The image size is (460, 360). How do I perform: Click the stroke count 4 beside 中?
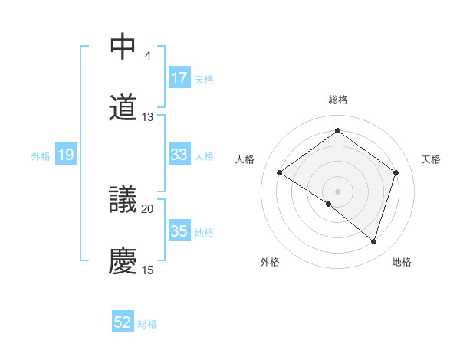tap(147, 56)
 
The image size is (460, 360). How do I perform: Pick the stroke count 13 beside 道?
tap(148, 117)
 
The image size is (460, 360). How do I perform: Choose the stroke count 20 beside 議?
tap(148, 208)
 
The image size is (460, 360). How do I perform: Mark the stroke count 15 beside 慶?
tap(148, 270)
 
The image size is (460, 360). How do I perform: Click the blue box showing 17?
tap(179, 77)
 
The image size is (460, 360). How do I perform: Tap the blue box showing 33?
tap(179, 155)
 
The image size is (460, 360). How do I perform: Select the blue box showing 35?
tap(179, 231)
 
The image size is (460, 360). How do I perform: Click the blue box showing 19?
tap(66, 155)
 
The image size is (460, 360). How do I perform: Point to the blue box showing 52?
tap(123, 322)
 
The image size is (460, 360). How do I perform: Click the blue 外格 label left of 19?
tap(41, 156)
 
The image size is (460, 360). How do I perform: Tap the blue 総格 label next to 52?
tap(147, 324)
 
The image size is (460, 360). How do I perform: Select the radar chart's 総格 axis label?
tap(338, 100)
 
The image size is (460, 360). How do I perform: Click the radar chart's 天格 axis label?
tap(431, 159)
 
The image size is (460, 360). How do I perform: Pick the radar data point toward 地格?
tap(373, 241)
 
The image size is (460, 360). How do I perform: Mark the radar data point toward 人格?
tap(280, 173)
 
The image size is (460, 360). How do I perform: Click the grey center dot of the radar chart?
tap(337, 191)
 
